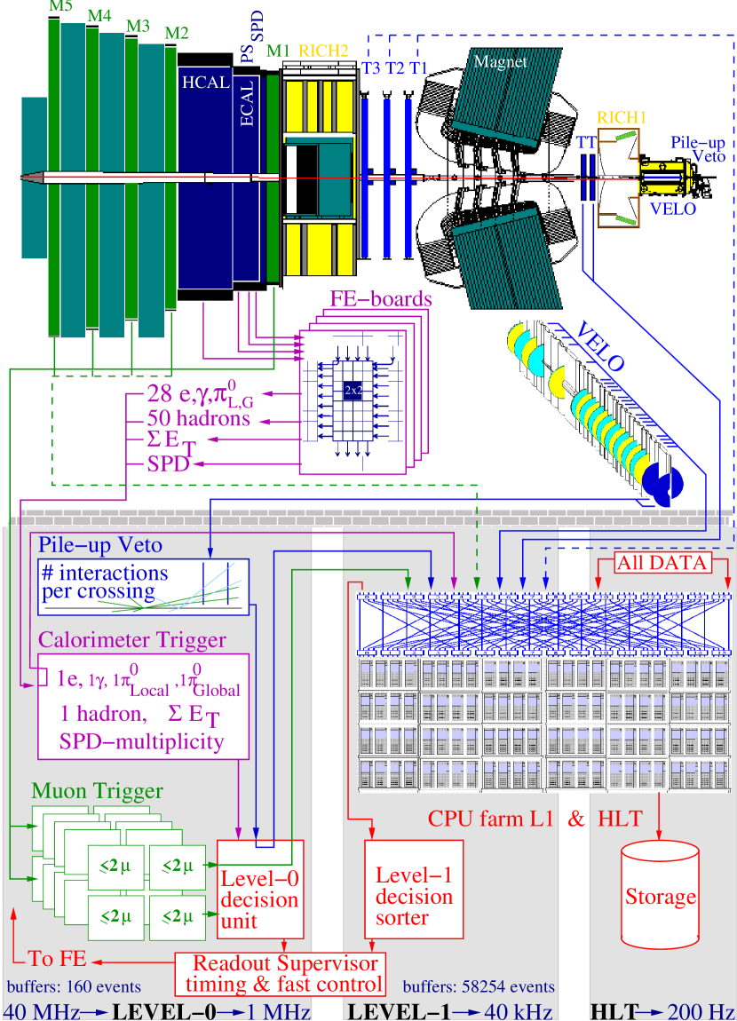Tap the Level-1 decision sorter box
pyautogui.click(x=414, y=888)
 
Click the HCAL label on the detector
pyautogui.click(x=205, y=83)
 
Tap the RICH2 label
pyautogui.click(x=325, y=51)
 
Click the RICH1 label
pyautogui.click(x=620, y=117)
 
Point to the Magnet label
pyautogui.click(x=500, y=61)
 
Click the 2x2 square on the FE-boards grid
pyautogui.click(x=353, y=390)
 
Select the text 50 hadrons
pyautogui.click(x=199, y=417)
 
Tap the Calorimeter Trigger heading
pyautogui.click(x=131, y=639)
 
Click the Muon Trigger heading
pyautogui.click(x=97, y=789)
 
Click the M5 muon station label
pyautogui.click(x=60, y=8)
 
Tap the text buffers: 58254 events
pyautogui.click(x=479, y=986)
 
